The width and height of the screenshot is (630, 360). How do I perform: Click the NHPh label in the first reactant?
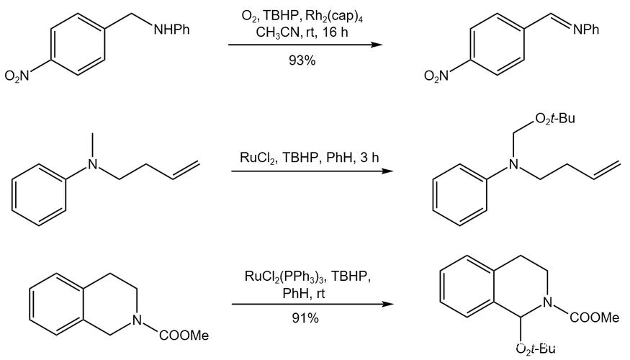[172, 30]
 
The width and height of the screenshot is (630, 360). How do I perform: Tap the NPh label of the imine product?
[586, 30]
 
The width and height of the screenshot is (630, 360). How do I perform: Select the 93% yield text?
[302, 60]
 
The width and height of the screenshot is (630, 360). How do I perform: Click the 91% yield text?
[305, 318]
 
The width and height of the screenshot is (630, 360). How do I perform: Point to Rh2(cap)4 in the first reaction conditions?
[334, 17]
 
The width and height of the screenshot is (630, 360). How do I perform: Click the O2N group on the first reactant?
[17, 76]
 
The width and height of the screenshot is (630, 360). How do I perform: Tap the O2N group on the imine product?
[437, 76]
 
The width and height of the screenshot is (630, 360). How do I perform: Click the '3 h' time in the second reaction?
[369, 157]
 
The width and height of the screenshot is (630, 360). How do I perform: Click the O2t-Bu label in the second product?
[555, 119]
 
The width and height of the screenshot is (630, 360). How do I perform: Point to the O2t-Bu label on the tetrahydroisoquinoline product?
[536, 348]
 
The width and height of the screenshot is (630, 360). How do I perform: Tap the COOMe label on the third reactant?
[184, 335]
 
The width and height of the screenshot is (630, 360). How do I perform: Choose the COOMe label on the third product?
[595, 318]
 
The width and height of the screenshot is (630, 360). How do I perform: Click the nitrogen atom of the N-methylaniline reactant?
[93, 164]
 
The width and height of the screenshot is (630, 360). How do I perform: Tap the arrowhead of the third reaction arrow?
[387, 304]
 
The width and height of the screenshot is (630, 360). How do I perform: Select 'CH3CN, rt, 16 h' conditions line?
[302, 32]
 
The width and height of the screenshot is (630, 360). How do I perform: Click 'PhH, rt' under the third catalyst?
[304, 294]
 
